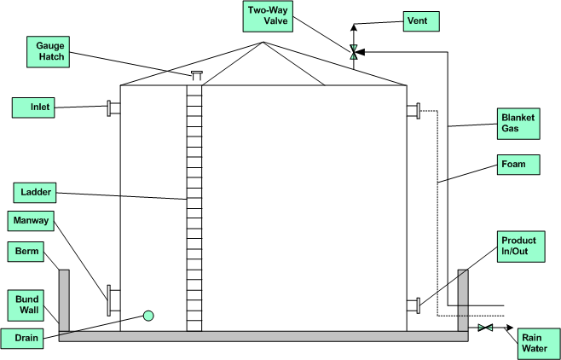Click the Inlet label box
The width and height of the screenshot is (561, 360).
(39, 107)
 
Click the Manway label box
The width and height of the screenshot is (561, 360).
(32, 222)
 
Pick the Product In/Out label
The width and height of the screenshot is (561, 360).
(518, 247)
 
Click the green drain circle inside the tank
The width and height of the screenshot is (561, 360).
(148, 316)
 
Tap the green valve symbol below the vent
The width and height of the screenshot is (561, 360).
(353, 52)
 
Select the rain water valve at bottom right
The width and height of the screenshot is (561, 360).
(485, 328)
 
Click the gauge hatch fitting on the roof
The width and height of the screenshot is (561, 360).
(196, 77)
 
